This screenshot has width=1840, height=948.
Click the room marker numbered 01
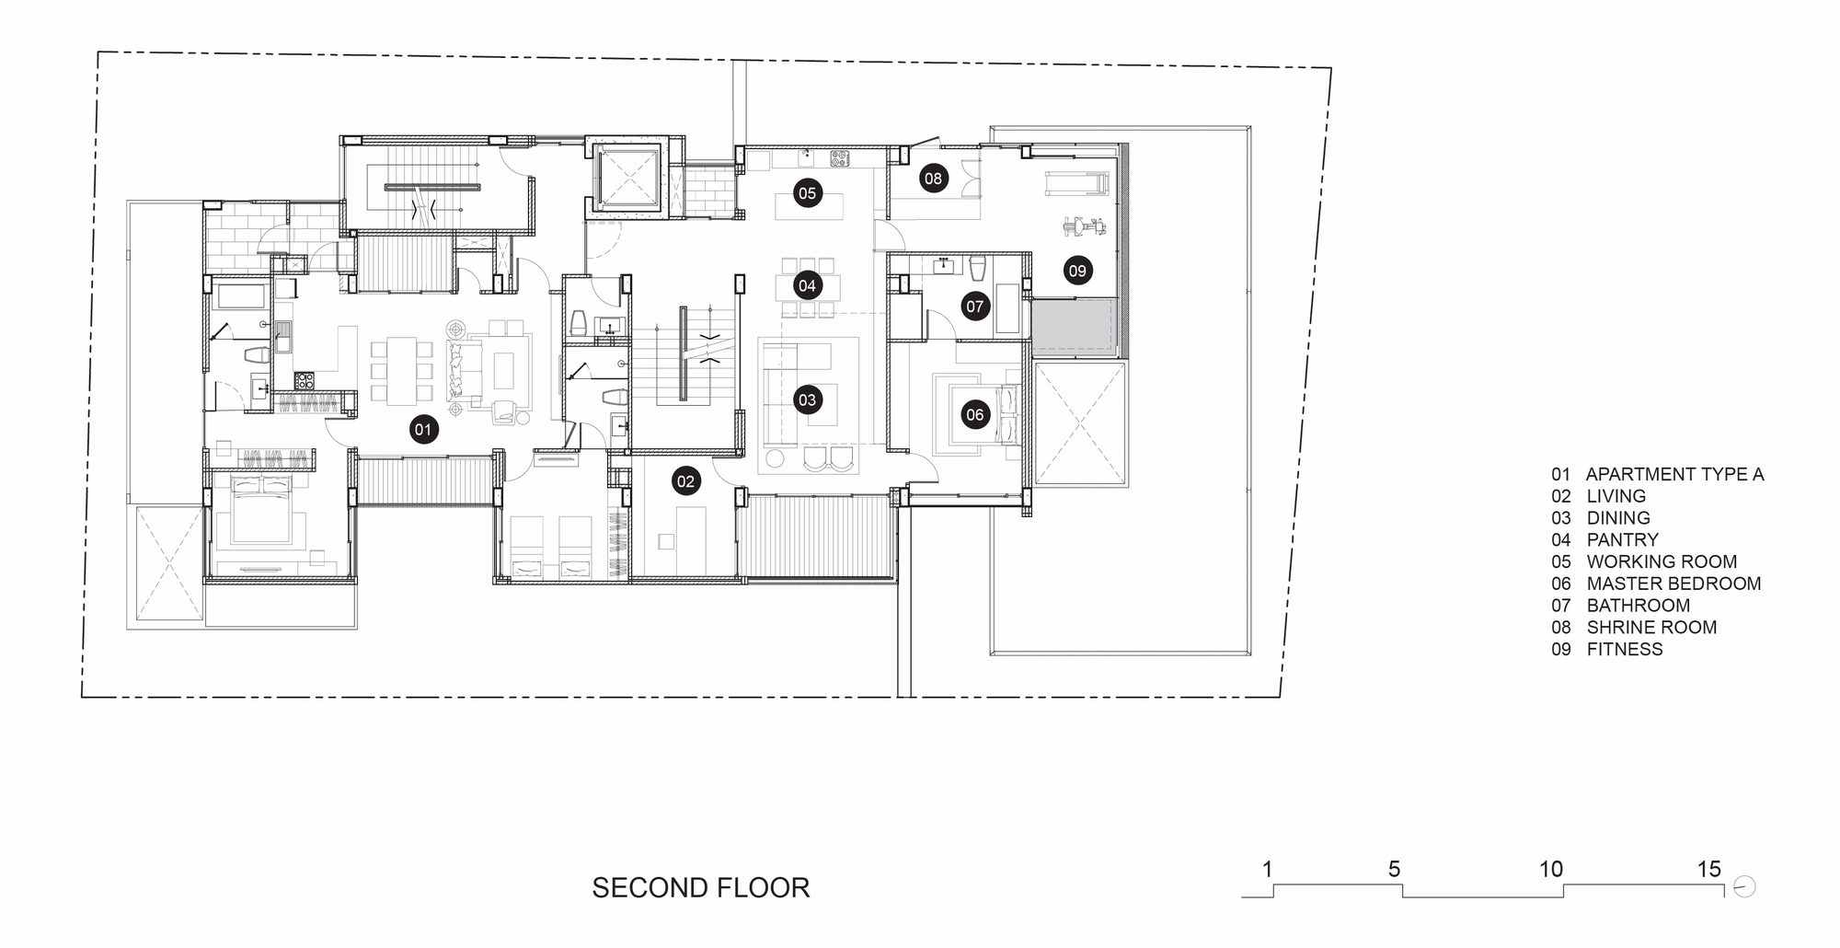(423, 429)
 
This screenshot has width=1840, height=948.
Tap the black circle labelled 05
(807, 193)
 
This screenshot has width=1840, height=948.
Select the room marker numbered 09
(1077, 271)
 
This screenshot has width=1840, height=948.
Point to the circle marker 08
(933, 179)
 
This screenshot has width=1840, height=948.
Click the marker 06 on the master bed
(974, 414)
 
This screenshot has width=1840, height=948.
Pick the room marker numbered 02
(685, 480)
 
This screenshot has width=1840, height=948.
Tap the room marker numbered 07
(974, 306)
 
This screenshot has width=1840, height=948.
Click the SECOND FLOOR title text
(700, 887)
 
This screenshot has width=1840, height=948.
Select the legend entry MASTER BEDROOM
(1673, 584)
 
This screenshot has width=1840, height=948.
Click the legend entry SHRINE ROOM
(1651, 627)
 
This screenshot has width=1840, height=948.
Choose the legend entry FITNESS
(1625, 649)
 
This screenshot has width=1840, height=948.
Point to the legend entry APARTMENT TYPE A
(1674, 474)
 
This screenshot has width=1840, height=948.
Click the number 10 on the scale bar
(1551, 869)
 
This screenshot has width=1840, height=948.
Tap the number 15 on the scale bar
(1708, 869)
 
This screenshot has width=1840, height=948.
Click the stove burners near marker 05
(839, 158)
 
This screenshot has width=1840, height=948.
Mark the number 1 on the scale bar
(1268, 869)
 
